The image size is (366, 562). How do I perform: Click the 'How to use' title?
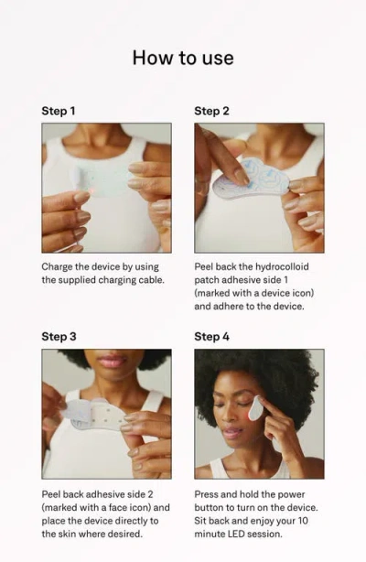pyautogui.click(x=183, y=58)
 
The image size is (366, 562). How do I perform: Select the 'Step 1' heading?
pyautogui.click(x=59, y=111)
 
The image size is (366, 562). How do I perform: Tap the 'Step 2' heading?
pyautogui.click(x=211, y=111)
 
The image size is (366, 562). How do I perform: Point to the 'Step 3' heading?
pyautogui.click(x=59, y=337)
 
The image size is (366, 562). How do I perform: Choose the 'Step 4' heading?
pyautogui.click(x=211, y=337)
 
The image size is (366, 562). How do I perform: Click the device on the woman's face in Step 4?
pyautogui.click(x=257, y=407)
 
